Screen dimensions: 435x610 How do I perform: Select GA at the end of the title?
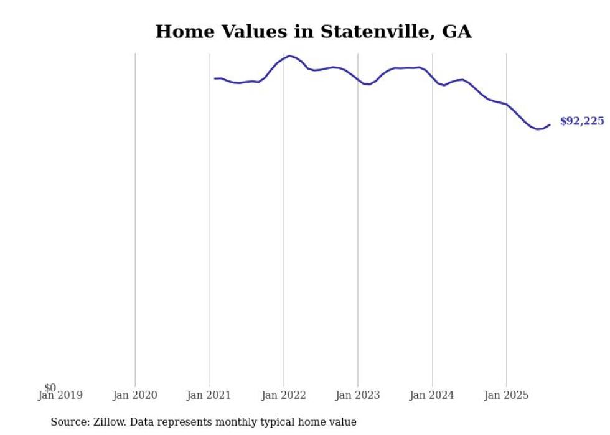(457, 31)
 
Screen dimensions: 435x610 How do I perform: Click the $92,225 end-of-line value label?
(582, 121)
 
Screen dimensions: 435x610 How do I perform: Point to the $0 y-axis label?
(50, 388)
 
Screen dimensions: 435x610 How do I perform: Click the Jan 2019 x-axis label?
(60, 395)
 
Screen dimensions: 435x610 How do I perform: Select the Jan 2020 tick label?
(135, 395)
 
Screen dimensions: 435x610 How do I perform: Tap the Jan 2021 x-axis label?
(209, 395)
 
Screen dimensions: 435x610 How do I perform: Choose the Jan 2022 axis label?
(284, 395)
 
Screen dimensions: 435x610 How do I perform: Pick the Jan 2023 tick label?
(358, 395)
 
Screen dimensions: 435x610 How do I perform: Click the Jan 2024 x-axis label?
(433, 395)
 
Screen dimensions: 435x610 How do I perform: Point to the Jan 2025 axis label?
(507, 395)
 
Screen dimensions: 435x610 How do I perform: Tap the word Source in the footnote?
(69, 422)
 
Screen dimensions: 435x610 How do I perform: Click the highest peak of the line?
(289, 56)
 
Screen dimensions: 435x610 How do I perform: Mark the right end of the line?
(550, 124)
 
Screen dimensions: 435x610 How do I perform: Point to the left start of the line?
(215, 78)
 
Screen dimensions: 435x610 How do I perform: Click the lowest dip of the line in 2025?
(538, 129)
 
